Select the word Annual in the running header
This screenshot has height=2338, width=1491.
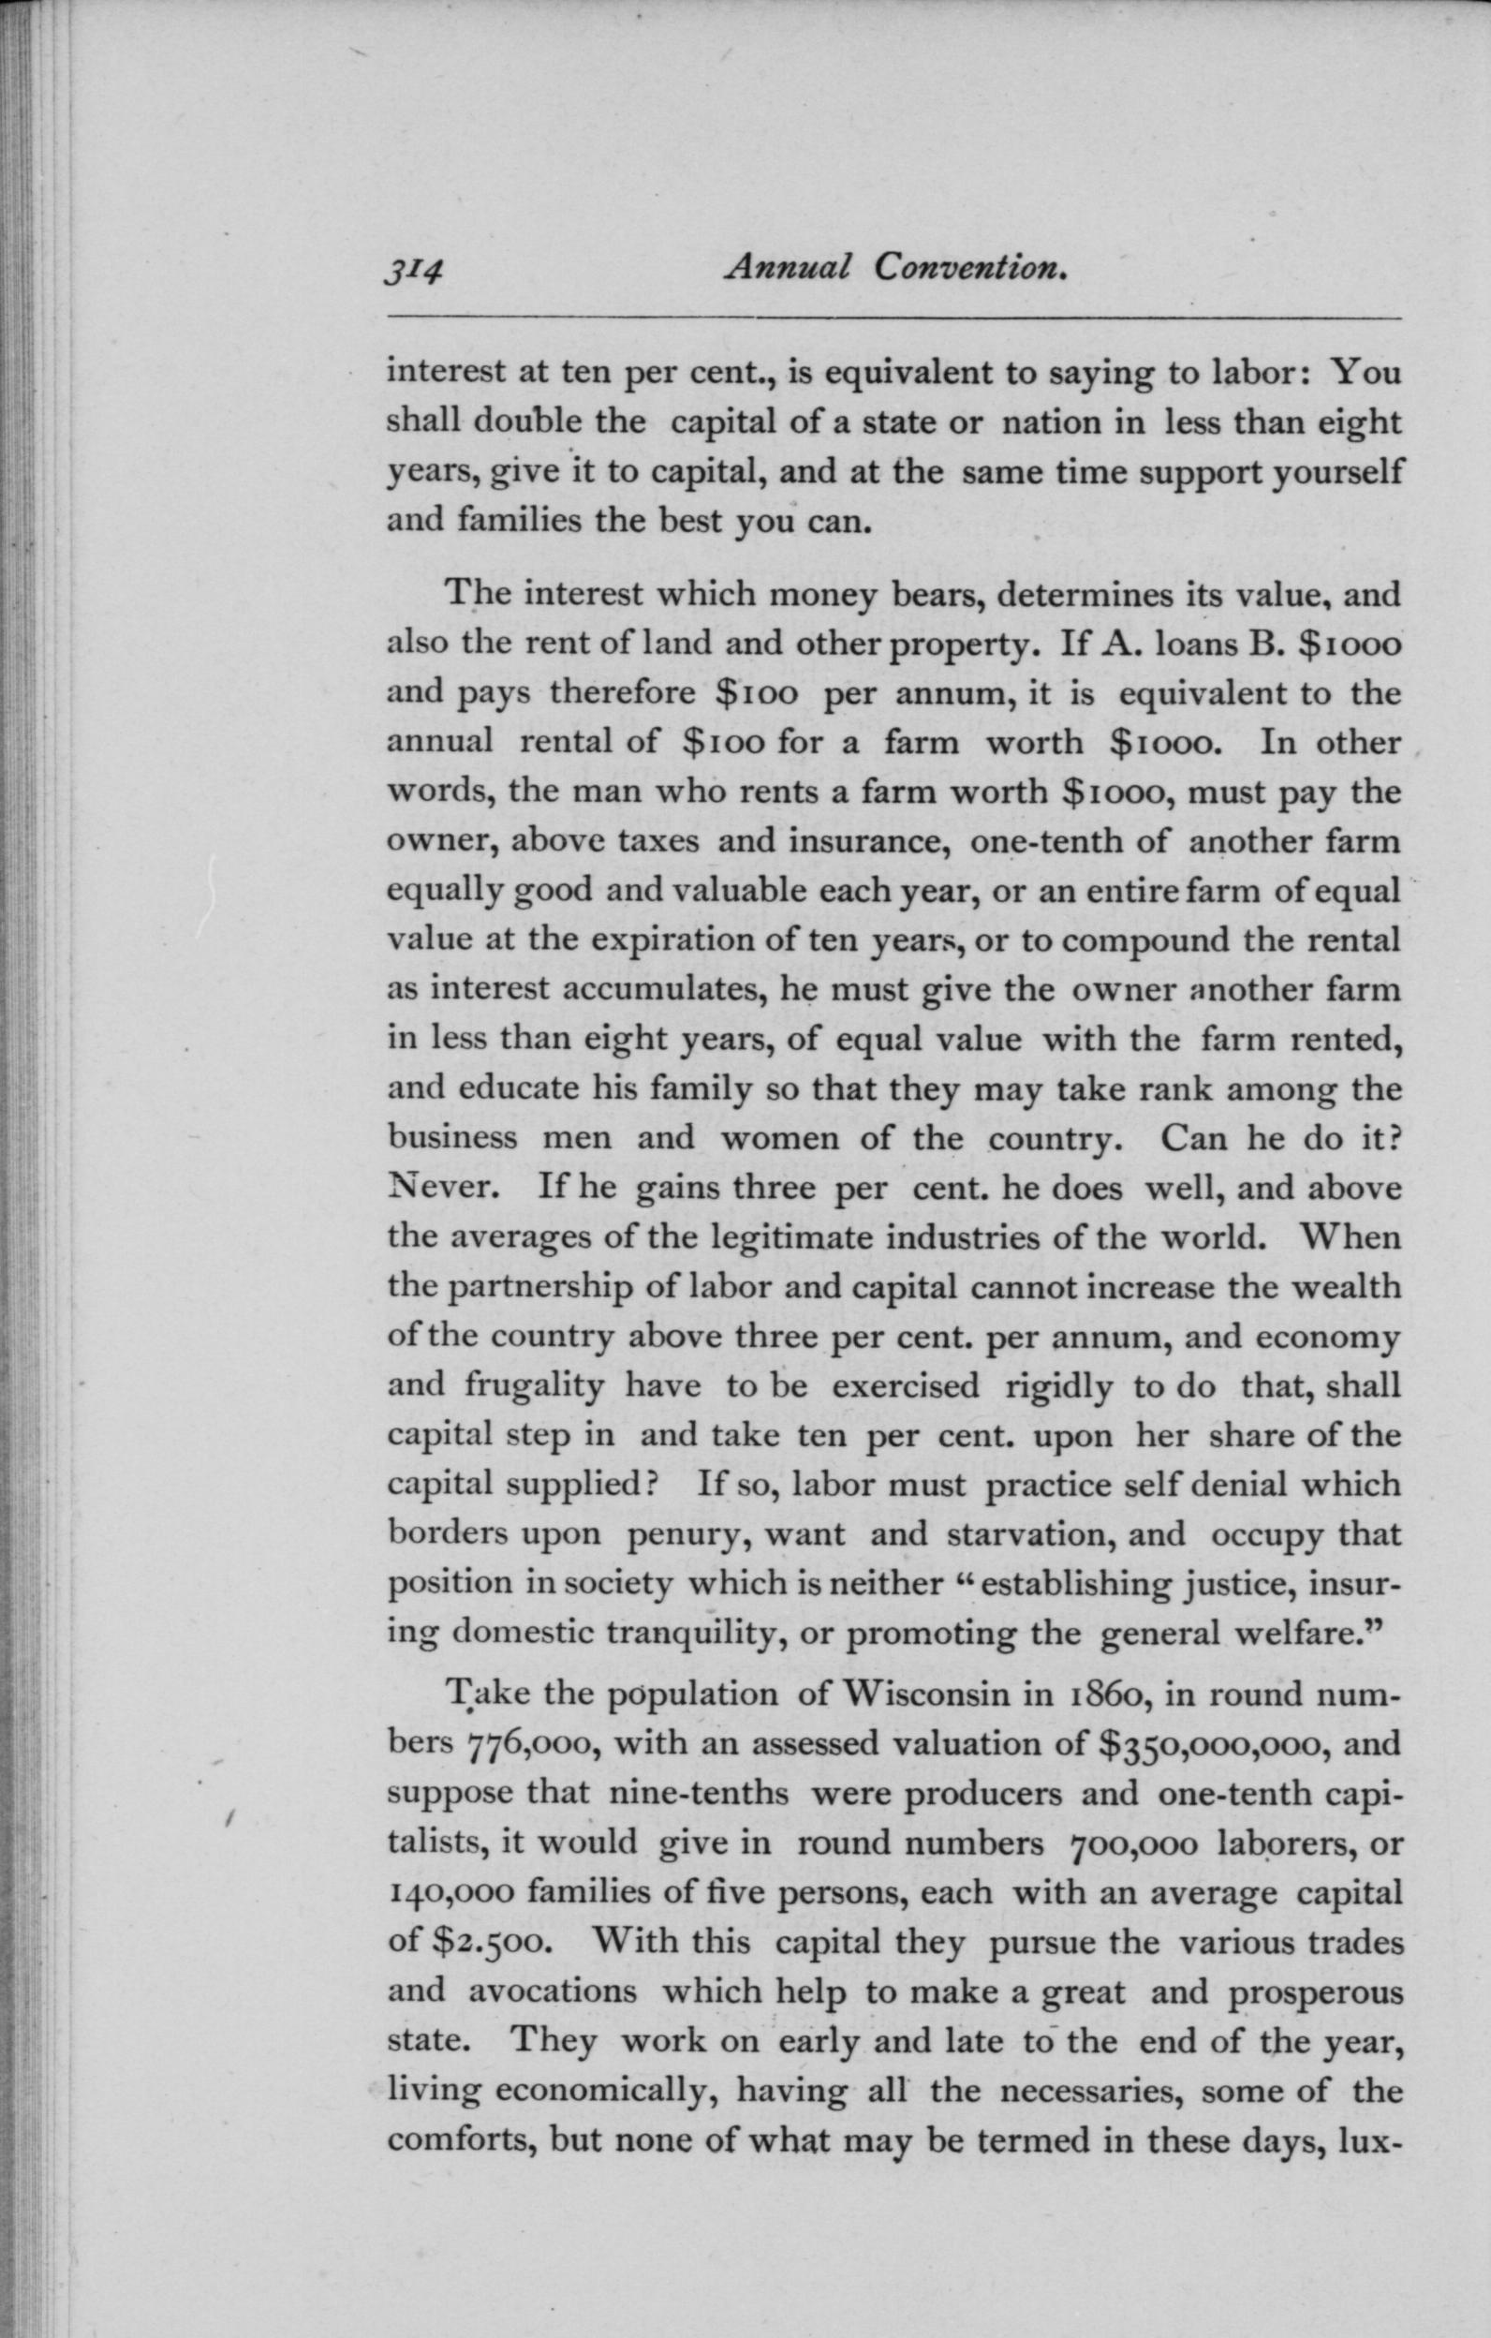pos(787,267)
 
